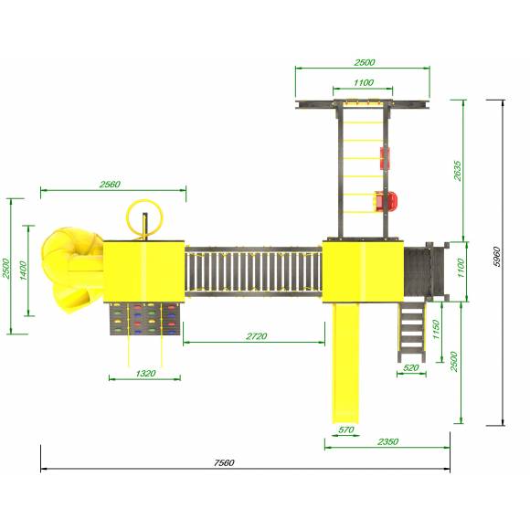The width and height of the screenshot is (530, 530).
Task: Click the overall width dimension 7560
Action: pyautogui.click(x=224, y=462)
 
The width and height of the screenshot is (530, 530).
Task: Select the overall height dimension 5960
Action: pyautogui.click(x=496, y=257)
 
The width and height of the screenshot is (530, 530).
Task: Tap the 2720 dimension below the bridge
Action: pyautogui.click(x=257, y=336)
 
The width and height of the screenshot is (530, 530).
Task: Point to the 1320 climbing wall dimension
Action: pyautogui.click(x=145, y=373)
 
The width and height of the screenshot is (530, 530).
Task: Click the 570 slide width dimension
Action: pyautogui.click(x=346, y=429)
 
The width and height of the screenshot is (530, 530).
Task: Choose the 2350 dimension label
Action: pyautogui.click(x=388, y=441)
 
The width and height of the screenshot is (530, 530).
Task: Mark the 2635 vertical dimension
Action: pyautogui.click(x=457, y=171)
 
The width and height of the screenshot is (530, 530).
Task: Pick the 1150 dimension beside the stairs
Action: pyautogui.click(x=436, y=330)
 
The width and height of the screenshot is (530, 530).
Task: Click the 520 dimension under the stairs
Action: pyautogui.click(x=411, y=367)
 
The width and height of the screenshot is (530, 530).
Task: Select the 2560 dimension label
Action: pyautogui.click(x=110, y=185)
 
